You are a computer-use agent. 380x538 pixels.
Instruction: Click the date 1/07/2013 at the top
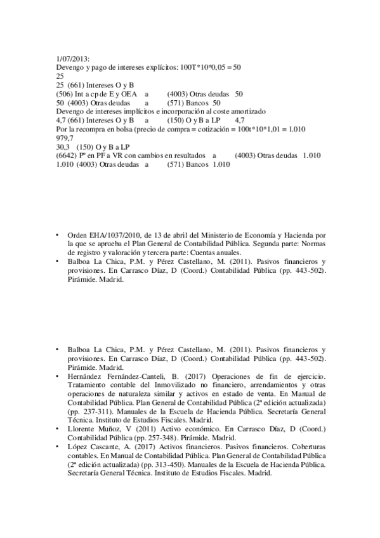72,57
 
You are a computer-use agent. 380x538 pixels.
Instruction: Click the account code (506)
65,93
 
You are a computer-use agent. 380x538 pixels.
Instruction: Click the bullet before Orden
58,235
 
